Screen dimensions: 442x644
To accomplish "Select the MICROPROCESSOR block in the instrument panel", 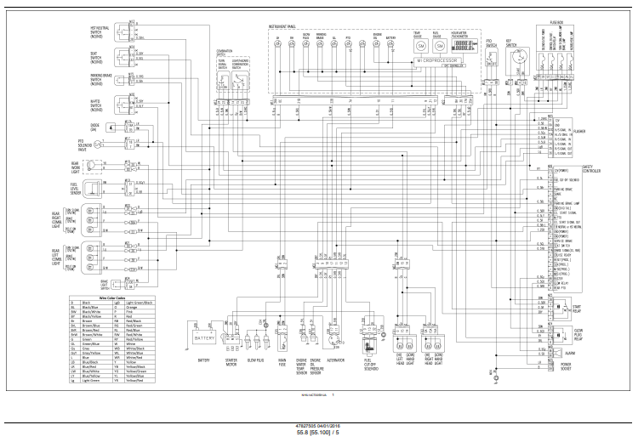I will pyautogui.click(x=437, y=62).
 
